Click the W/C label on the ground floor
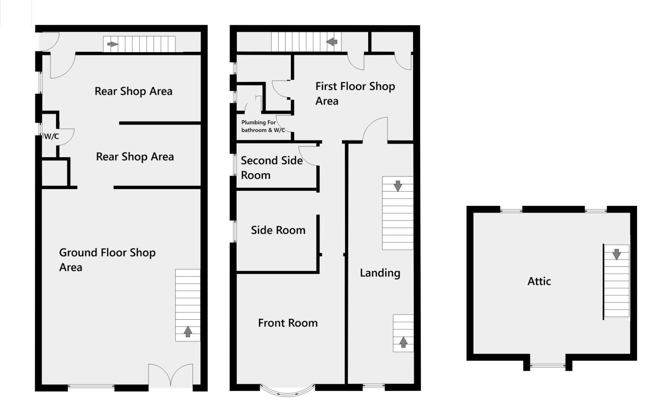(51, 136)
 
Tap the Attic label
(539, 281)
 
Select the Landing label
(380, 273)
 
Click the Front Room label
(288, 323)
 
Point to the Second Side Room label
(271, 168)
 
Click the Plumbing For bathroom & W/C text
(262, 126)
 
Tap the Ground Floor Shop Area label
(107, 259)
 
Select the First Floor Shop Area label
(355, 93)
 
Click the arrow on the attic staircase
(616, 254)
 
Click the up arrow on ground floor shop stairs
(188, 331)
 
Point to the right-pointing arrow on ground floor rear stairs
(112, 44)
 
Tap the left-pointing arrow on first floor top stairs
(332, 41)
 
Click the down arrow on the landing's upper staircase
(398, 186)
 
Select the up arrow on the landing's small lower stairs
(403, 342)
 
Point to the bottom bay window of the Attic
(547, 365)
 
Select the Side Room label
(278, 230)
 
